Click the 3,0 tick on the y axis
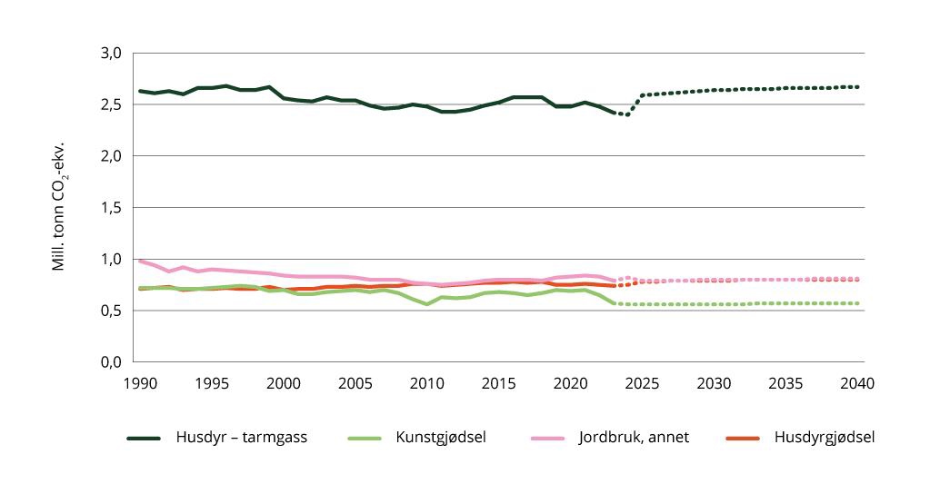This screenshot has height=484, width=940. (109, 53)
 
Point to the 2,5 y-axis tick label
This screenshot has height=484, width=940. (109, 104)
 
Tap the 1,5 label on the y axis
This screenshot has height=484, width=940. (109, 208)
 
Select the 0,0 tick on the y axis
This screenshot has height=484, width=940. (109, 362)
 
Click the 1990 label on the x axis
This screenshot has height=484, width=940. (139, 383)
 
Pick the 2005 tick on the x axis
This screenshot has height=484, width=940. (355, 383)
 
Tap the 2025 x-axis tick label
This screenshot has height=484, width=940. (642, 383)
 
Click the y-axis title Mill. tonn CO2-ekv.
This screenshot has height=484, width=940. (59, 207)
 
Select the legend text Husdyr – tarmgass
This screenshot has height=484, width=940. (242, 438)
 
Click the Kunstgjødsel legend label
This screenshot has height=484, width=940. (439, 438)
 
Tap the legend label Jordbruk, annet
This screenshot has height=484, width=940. (633, 438)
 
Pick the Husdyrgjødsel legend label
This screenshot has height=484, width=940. (825, 438)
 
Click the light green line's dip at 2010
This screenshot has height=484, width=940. (426, 304)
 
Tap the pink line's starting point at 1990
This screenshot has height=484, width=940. (139, 261)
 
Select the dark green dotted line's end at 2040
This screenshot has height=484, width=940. (857, 87)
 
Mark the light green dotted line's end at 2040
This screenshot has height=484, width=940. (857, 303)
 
